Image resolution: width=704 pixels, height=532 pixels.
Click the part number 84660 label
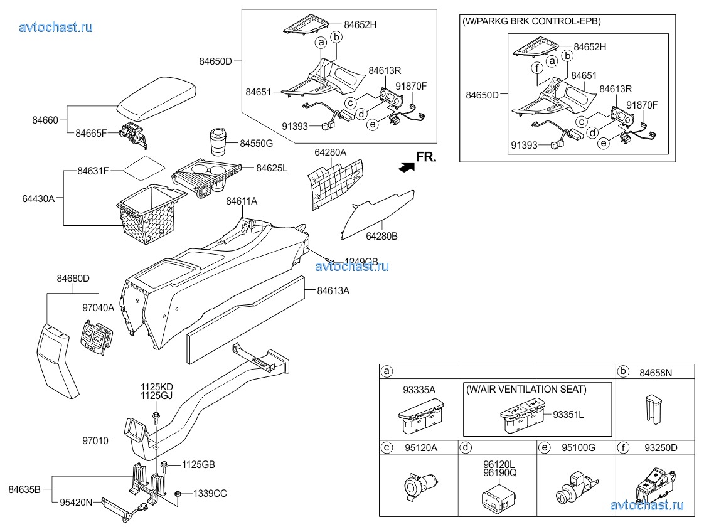[46, 119]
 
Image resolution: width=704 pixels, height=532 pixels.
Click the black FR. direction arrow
[407, 166]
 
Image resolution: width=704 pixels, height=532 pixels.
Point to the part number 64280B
[383, 237]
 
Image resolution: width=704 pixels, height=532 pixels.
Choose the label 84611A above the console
[242, 201]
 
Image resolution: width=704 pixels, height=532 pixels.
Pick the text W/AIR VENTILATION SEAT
[526, 390]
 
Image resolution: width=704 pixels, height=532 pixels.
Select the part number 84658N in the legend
[656, 373]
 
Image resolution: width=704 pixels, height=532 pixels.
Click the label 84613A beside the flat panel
[333, 290]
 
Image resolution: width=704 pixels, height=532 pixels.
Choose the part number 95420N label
[76, 502]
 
